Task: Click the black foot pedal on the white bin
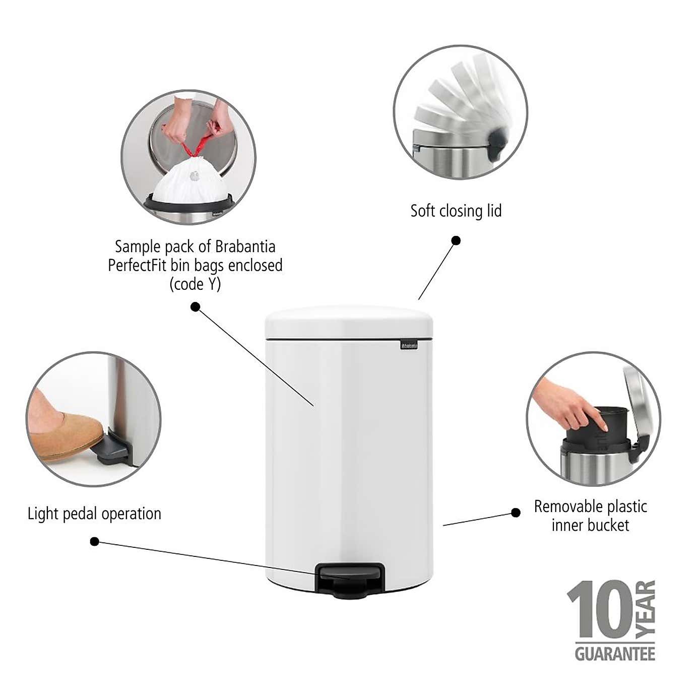click(x=350, y=577)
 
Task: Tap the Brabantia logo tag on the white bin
click(x=409, y=345)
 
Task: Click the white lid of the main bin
click(x=349, y=322)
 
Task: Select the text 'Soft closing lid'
click(x=456, y=211)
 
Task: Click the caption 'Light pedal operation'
click(x=94, y=514)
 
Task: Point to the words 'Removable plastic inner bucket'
click(x=590, y=516)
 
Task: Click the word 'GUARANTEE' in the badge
click(x=615, y=654)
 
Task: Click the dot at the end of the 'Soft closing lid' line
click(x=456, y=241)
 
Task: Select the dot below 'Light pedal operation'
click(x=94, y=541)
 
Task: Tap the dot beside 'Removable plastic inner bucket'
click(x=516, y=513)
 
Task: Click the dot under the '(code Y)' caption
click(x=196, y=306)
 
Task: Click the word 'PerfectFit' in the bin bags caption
click(x=138, y=265)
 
